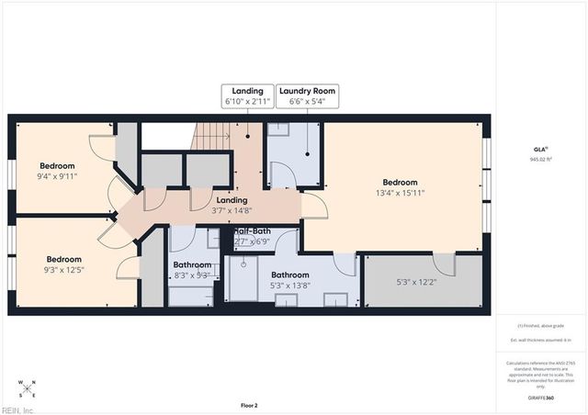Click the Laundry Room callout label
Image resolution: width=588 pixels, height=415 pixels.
click(307, 91)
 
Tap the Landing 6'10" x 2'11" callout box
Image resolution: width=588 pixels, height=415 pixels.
click(248, 96)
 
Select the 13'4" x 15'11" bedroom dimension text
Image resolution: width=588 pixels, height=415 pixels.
click(400, 194)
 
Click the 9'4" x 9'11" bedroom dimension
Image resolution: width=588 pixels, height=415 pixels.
click(56, 176)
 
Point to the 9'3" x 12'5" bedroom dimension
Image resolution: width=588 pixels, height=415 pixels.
click(64, 270)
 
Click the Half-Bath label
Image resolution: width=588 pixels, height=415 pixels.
click(253, 231)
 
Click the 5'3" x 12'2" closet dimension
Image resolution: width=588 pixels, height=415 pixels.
click(415, 283)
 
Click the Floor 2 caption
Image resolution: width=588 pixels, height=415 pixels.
click(249, 405)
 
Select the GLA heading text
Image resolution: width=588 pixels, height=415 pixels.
click(540, 149)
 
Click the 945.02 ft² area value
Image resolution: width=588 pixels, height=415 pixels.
click(540, 159)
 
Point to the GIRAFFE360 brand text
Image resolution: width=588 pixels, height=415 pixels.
click(543, 398)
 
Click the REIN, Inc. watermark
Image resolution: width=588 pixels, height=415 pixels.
click(18, 409)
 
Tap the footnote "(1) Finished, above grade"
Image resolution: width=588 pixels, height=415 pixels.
click(541, 326)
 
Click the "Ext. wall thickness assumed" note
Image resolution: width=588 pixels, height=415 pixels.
click(541, 341)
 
